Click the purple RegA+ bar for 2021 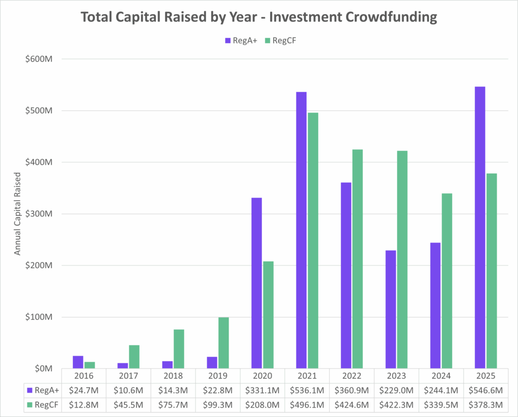pyautogui.click(x=301, y=230)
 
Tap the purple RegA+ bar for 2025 pyautogui.click(x=480, y=227)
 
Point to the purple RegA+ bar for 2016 pyautogui.click(x=78, y=362)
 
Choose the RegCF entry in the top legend pyautogui.click(x=280, y=40)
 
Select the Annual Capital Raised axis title pyautogui.click(x=17, y=214)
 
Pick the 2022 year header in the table pyautogui.click(x=352, y=376)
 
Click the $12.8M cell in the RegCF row pyautogui.click(x=83, y=405)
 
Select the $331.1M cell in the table pyautogui.click(x=262, y=390)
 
